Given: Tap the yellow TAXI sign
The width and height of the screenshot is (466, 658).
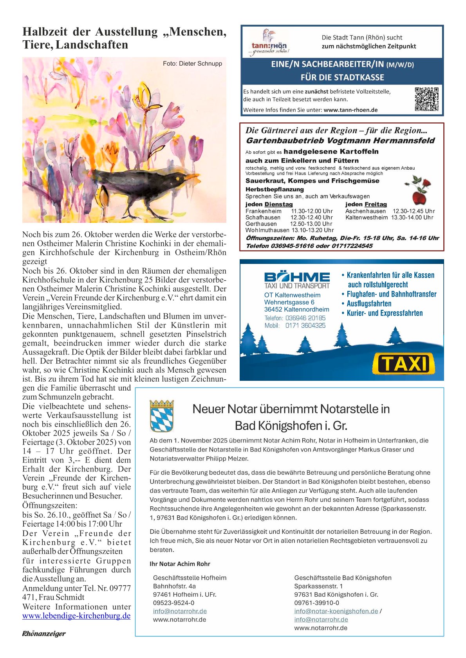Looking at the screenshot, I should coord(403,364).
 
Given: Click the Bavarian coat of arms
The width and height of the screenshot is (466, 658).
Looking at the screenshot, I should coord(162,416).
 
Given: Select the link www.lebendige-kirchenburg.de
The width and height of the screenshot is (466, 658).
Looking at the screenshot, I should coord(76,616).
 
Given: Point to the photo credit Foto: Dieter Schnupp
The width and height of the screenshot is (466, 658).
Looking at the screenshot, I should coord(192,63).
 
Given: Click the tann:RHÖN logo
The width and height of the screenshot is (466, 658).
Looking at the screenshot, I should coord(269,43).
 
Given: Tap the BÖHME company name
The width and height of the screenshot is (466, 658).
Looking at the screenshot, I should coord(297,277).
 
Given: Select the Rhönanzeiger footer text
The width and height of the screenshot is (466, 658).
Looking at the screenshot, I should coord(44,634).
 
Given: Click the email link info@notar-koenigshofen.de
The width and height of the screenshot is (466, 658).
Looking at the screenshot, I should coord(336,611).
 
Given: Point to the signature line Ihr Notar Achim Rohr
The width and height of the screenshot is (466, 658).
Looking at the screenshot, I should coord(180,564).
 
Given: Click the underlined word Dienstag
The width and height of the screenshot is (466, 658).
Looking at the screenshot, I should coord(278,204).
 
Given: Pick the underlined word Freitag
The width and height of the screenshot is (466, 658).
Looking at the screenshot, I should coord(376,204).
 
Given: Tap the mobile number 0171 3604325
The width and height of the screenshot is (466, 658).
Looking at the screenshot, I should coord(305,325).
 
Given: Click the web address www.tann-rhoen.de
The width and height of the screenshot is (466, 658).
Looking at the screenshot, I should coord(350,110).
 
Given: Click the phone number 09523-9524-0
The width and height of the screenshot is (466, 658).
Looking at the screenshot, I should coord(173,603).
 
